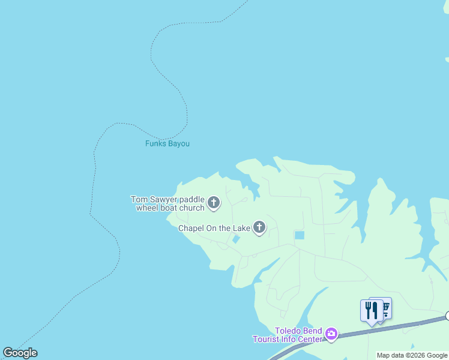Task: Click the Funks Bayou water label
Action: click(x=167, y=144)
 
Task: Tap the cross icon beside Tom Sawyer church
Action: click(x=214, y=203)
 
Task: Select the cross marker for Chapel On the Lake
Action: click(x=259, y=227)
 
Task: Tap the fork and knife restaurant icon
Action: click(x=371, y=310)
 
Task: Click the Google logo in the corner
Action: click(x=20, y=353)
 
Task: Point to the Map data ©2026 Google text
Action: click(x=412, y=355)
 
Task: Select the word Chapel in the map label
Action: click(x=191, y=228)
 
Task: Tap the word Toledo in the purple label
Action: click(x=288, y=331)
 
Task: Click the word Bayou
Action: click(x=178, y=144)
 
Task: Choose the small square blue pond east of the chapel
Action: click(x=299, y=235)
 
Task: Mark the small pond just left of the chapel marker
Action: click(x=236, y=239)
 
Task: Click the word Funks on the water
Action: click(x=155, y=144)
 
